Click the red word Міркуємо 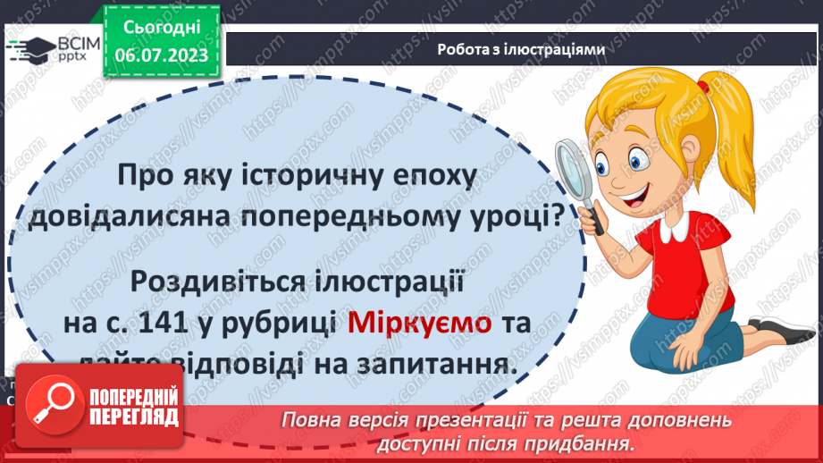click(x=419, y=324)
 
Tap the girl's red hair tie click(x=702, y=88)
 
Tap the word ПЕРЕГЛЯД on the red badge click(x=134, y=417)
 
